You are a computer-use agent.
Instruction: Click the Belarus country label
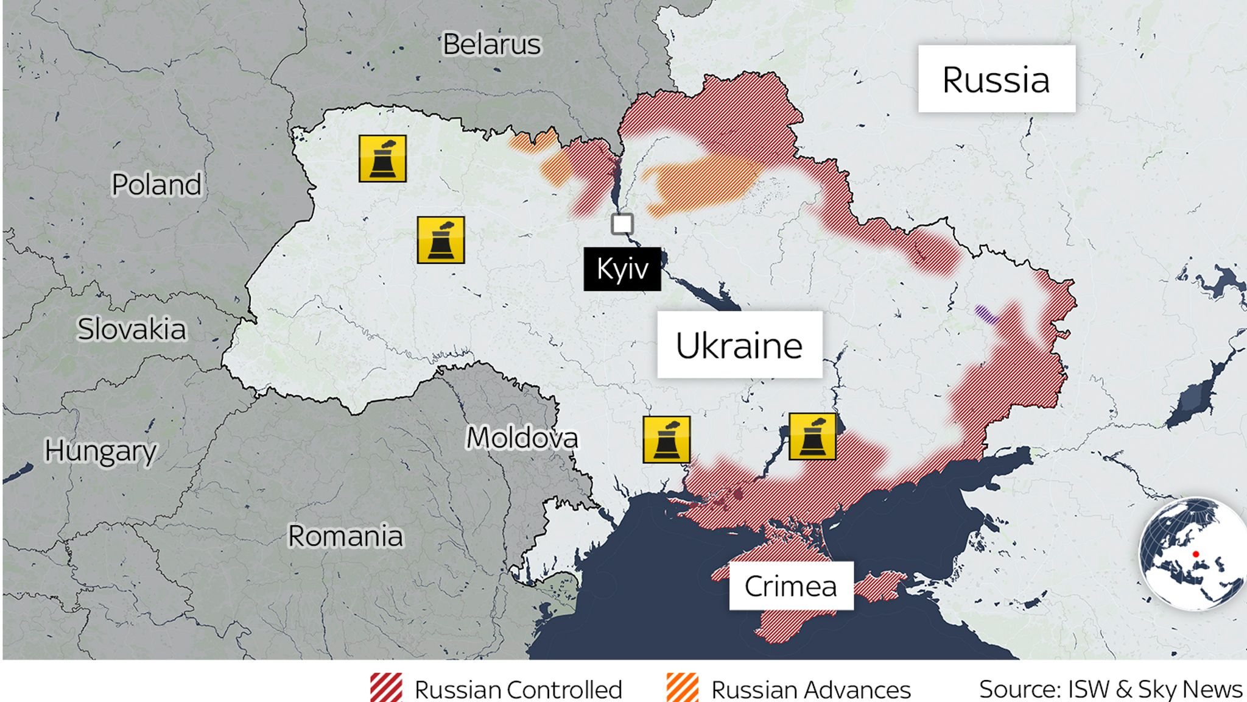(491, 44)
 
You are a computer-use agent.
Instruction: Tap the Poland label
(156, 185)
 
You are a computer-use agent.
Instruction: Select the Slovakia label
(132, 329)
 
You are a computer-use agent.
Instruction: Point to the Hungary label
(100, 451)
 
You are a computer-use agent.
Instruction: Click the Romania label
(345, 536)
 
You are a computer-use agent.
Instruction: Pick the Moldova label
(522, 438)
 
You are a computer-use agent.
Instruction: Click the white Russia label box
(996, 79)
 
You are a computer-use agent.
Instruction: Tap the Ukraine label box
(739, 346)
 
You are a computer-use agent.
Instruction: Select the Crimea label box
(790, 586)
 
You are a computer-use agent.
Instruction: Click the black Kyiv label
(622, 269)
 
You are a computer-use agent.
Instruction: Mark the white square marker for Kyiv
(622, 224)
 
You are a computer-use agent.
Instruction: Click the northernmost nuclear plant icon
(382, 158)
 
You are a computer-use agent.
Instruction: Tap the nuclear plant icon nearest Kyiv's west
(441, 240)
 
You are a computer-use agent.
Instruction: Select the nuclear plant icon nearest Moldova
(666, 439)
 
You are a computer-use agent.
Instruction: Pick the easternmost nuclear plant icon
(812, 436)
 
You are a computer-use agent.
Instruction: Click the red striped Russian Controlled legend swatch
(386, 687)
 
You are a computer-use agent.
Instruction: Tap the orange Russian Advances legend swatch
(682, 687)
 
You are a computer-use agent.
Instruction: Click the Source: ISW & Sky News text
(1110, 689)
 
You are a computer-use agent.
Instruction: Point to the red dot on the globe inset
(1196, 554)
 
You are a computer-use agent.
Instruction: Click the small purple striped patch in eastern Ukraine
(985, 314)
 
